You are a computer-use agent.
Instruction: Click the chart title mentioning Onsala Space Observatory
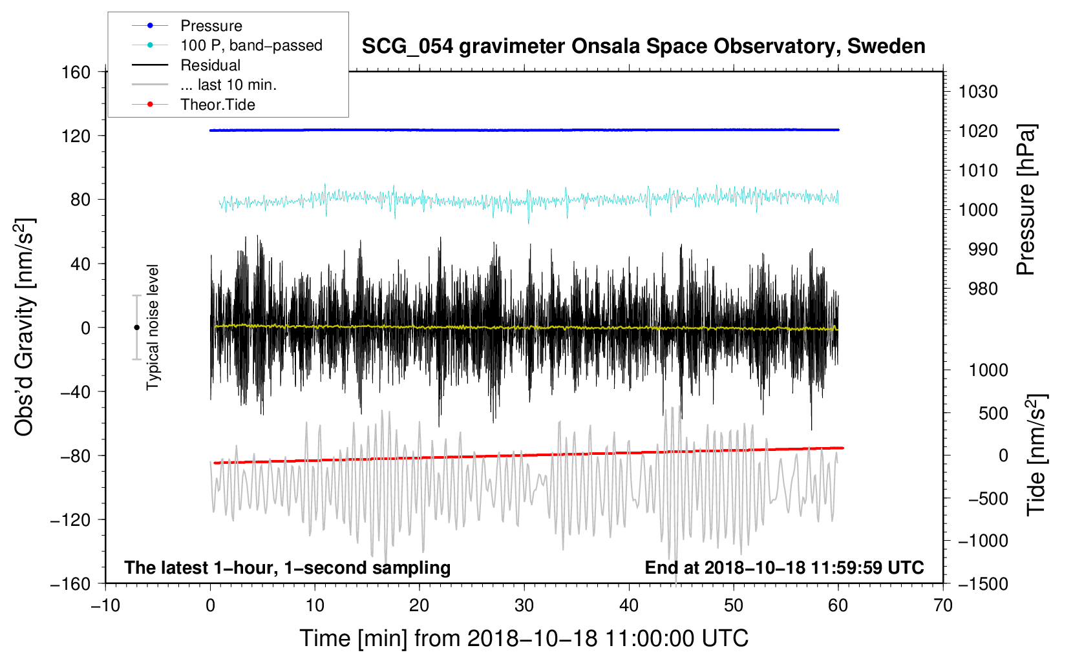coord(643,47)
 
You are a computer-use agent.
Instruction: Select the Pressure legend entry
coord(211,26)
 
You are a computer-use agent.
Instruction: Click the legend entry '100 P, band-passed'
coord(251,45)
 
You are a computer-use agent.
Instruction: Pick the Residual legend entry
coord(210,65)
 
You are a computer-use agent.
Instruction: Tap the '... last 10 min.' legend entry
coord(228,85)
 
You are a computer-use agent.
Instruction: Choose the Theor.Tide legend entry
coord(217,105)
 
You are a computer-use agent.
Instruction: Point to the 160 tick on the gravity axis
coord(76,72)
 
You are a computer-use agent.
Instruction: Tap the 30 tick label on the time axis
coord(524,605)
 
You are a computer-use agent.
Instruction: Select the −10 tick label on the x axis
coord(105,605)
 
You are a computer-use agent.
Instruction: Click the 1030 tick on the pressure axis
coord(978,92)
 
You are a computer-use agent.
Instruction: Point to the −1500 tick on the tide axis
coord(983,583)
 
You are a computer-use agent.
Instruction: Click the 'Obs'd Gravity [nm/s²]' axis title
coord(25,327)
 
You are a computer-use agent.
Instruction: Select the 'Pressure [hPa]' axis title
coord(1026,200)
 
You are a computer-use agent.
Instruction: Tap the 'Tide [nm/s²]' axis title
coord(1036,454)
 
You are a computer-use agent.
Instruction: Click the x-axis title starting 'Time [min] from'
coord(524,638)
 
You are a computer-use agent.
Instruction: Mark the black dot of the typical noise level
coord(136,328)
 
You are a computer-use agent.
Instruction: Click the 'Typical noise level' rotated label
coord(153,327)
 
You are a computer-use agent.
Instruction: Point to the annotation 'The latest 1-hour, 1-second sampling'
coord(287,567)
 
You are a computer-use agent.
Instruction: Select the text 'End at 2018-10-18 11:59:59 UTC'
coord(784,567)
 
